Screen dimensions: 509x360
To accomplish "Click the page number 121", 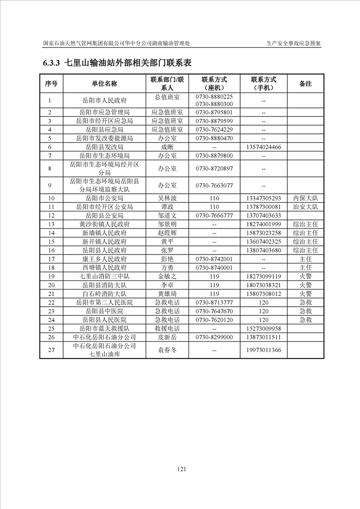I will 182,469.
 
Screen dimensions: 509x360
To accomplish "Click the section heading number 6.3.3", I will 52,63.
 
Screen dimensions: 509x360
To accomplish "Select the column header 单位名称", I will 104,83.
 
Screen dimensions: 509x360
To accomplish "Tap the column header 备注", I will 306,83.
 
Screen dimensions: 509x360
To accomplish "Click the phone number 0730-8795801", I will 214,113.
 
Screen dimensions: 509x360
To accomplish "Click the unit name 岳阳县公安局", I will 104,215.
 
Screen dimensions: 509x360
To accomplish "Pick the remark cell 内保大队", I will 306,198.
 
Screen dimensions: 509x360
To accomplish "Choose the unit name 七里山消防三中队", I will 104,276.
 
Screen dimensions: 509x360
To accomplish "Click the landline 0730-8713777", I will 214,302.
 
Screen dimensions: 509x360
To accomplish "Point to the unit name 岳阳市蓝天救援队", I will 104,328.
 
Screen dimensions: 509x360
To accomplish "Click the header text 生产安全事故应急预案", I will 294,44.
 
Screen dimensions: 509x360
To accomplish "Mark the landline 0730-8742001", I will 214,259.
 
